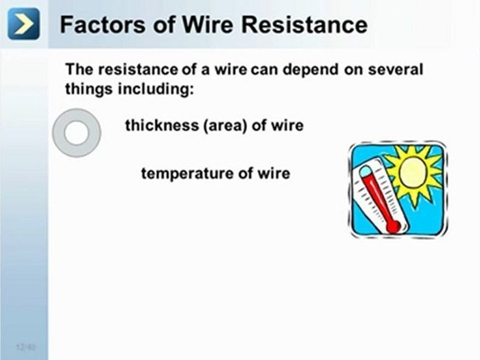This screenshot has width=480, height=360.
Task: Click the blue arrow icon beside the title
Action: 23,23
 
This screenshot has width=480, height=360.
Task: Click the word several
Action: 395,69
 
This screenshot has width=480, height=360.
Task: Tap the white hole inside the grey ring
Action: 76,133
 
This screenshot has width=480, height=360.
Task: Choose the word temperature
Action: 185,173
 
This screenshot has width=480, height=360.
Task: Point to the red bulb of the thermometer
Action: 393,226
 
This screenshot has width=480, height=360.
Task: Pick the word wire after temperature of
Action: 274,173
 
